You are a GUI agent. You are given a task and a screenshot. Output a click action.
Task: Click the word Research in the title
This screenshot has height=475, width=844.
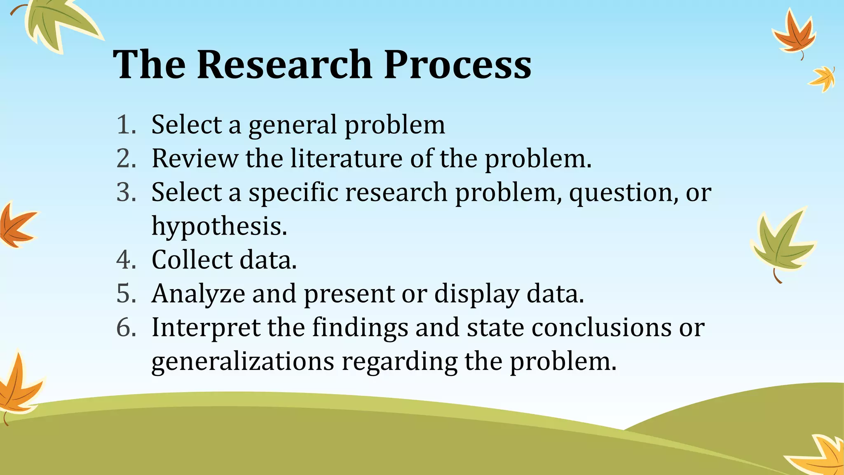[284, 65]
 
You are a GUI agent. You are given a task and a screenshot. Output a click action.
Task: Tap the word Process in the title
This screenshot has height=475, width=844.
[457, 65]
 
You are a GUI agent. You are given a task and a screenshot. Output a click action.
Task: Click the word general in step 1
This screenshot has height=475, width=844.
[293, 125]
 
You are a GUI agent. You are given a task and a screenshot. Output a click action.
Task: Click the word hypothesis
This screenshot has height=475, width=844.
[219, 227]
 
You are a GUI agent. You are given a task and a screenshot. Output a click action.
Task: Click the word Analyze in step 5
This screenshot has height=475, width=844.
[198, 294]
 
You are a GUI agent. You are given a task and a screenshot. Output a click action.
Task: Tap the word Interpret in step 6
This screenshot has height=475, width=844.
[206, 328]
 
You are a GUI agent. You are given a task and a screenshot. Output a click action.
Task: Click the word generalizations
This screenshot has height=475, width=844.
[243, 362]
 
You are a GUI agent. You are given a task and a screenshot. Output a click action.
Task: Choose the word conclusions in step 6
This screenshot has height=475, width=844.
[601, 327]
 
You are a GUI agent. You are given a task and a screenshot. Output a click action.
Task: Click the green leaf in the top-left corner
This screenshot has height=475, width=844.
[58, 23]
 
